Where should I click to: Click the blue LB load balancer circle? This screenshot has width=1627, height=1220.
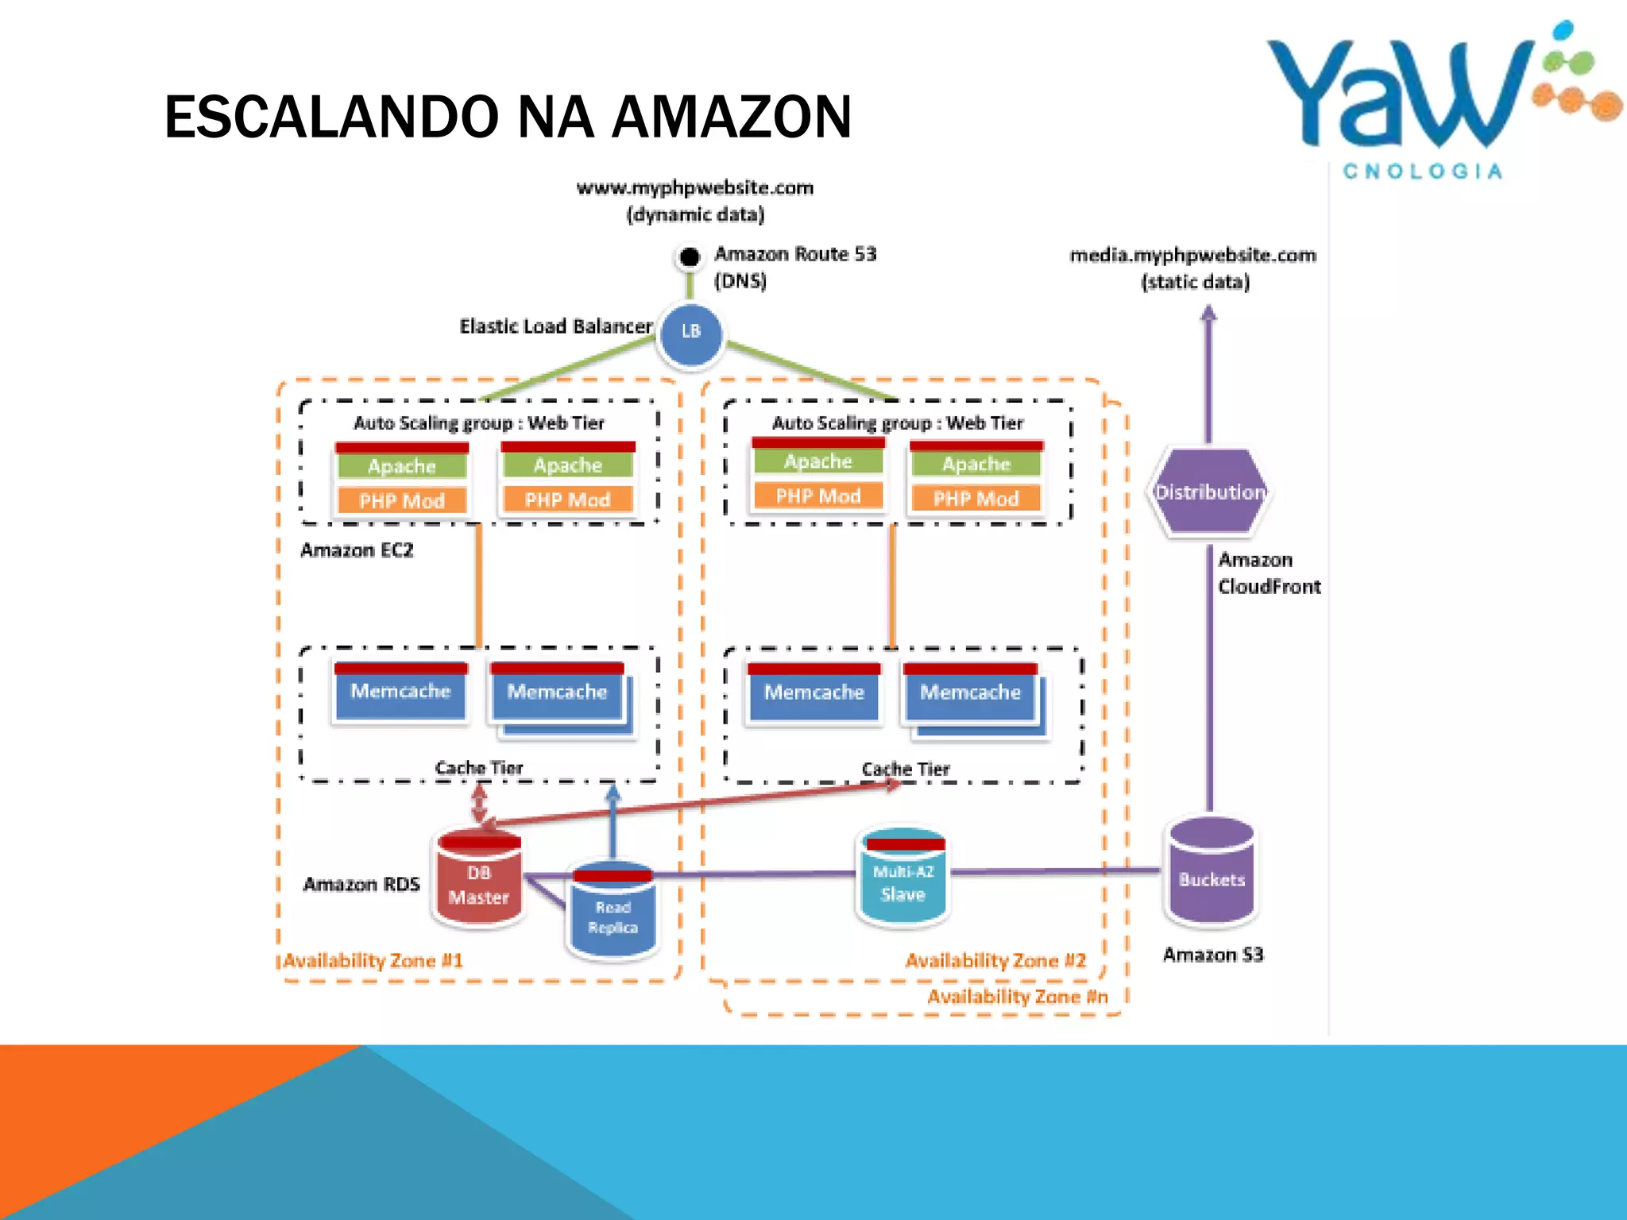coord(691,333)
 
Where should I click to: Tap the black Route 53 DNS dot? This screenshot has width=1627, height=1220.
coord(690,257)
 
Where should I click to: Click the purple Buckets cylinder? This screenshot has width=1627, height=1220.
coord(1211,874)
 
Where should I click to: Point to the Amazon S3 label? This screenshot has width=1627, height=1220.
coord(1212,955)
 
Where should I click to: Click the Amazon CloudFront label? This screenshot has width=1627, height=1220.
coord(1268,573)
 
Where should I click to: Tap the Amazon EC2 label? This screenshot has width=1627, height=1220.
coord(357,550)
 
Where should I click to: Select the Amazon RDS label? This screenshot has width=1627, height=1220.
coord(361,884)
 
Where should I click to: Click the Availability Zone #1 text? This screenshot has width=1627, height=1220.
coord(373,961)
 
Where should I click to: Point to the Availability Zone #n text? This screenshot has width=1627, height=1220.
coord(1017,997)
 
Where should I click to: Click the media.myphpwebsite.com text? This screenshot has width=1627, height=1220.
coord(1192,256)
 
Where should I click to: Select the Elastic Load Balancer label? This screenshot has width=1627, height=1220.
coord(555,326)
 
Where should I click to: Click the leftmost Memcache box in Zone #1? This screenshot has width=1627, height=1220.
coord(400,692)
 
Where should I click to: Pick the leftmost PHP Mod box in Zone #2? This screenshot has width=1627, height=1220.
coord(817,496)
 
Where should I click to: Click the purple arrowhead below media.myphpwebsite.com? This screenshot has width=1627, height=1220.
coord(1208,315)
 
